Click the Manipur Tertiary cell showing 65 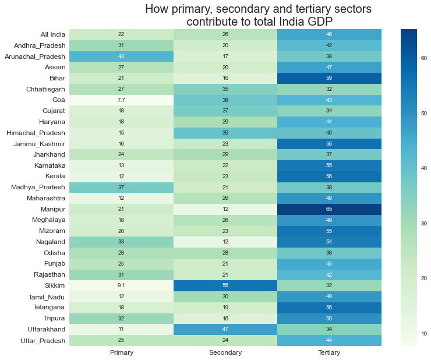click(330, 209)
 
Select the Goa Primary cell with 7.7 click(121, 100)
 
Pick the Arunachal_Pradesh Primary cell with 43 click(121, 56)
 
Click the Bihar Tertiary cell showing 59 click(330, 77)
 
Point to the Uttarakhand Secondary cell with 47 click(225, 329)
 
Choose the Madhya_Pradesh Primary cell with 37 click(121, 187)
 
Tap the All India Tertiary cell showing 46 click(330, 34)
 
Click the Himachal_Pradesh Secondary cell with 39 click(225, 132)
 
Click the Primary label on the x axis click(121, 353)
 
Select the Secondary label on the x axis click(225, 353)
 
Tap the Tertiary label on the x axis click(330, 353)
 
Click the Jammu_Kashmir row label click(39, 143)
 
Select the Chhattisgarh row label click(42, 89)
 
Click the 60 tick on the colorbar click(424, 58)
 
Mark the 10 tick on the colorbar click(424, 333)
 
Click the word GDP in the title click(317, 22)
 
